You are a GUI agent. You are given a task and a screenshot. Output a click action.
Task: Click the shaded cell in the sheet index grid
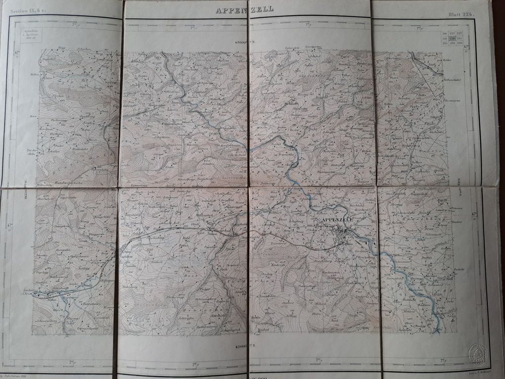(x=452, y=38)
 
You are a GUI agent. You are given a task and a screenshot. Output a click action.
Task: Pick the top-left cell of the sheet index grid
(x=444, y=33)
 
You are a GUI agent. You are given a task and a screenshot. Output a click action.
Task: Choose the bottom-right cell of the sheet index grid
(x=461, y=43)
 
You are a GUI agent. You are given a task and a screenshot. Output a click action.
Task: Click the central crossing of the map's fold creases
(x=248, y=187)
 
